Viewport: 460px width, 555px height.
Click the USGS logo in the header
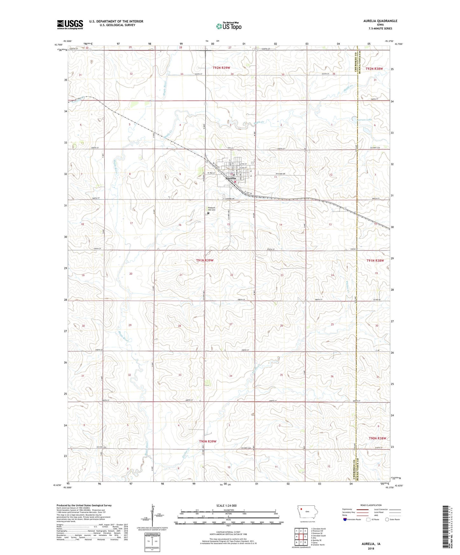click(70, 24)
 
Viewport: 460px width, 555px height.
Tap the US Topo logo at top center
click(229, 26)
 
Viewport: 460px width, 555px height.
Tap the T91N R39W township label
click(205, 260)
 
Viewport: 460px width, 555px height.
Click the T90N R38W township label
click(377, 438)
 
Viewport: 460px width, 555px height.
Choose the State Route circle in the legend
click(387, 519)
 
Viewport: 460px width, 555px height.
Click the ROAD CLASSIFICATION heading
click(371, 505)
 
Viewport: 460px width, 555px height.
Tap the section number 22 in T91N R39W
click(232, 275)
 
